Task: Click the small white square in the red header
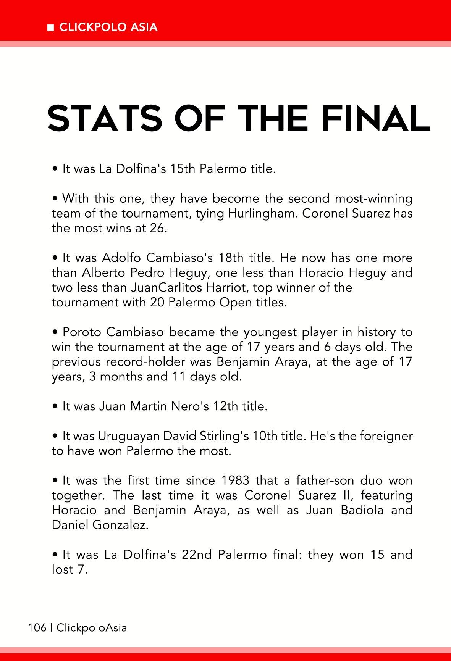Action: coord(50,27)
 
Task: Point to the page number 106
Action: coord(37,627)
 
